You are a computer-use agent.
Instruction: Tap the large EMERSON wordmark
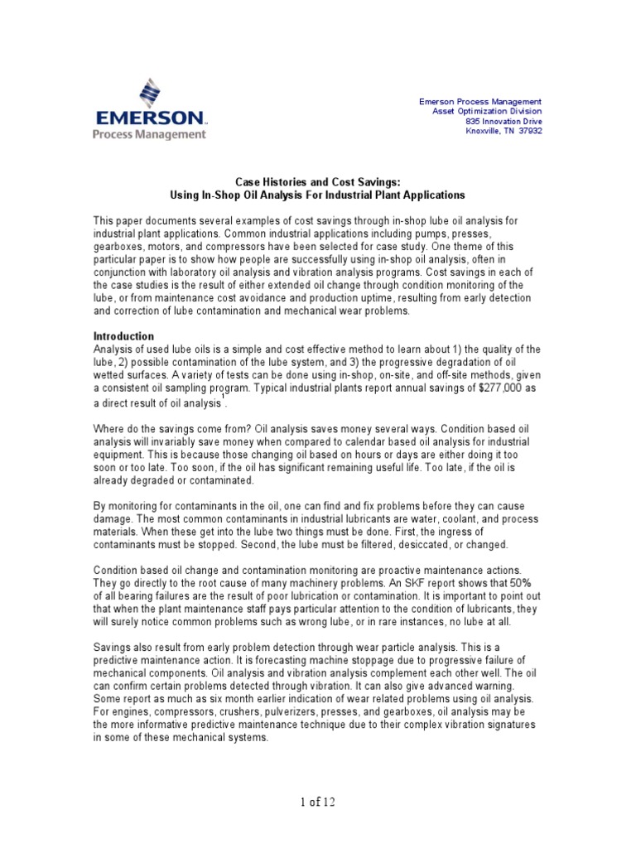(x=149, y=116)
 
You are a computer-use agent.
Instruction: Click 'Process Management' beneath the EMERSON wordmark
(x=149, y=133)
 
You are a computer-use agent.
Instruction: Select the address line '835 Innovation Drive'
(x=503, y=121)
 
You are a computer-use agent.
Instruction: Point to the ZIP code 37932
(x=529, y=131)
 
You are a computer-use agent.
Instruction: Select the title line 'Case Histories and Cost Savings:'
(x=317, y=182)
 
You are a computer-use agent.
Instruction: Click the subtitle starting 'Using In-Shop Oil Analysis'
(x=317, y=195)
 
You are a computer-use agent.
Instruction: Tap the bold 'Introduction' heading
(x=123, y=336)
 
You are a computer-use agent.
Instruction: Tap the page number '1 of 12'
(x=317, y=802)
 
